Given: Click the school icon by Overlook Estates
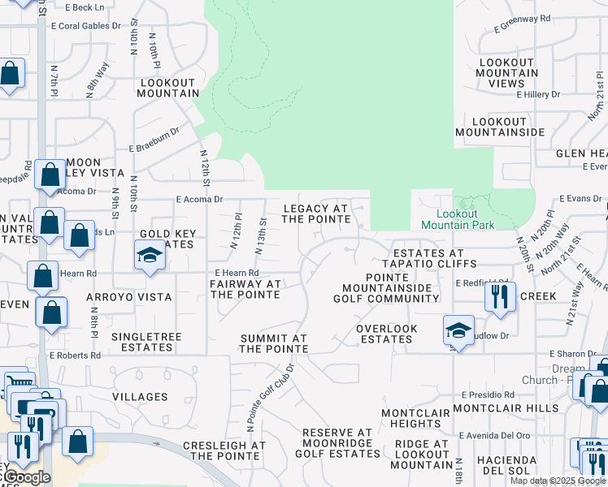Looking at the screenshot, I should [x=458, y=330].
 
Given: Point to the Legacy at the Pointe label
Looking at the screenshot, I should [x=316, y=214].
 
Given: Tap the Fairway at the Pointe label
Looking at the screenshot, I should [x=245, y=289].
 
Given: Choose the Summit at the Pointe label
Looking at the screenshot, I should [x=274, y=343].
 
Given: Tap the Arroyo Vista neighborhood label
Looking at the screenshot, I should [x=129, y=297].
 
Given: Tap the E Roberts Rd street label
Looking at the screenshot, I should [x=75, y=355].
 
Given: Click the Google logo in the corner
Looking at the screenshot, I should [x=28, y=477].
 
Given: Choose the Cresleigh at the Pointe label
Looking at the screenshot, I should [x=224, y=450].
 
